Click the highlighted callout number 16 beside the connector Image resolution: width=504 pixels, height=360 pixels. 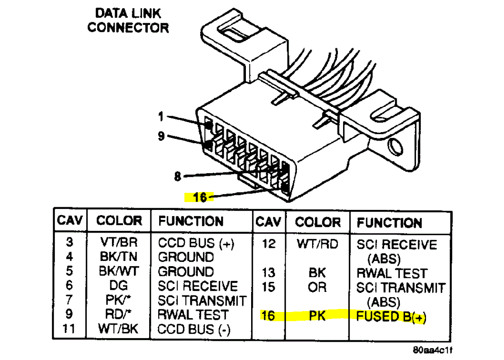(199, 197)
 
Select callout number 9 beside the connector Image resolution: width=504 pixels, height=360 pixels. (161, 137)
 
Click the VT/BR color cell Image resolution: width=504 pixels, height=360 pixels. (119, 243)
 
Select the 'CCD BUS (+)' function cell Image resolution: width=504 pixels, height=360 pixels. (196, 243)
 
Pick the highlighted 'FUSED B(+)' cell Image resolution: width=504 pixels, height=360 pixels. (391, 316)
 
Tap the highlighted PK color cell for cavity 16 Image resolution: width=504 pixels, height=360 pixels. (317, 315)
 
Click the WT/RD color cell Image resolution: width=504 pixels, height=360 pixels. (317, 243)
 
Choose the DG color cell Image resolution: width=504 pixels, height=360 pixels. (119, 286)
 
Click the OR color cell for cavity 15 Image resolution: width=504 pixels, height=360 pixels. (317, 288)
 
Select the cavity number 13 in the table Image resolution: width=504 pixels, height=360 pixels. (269, 273)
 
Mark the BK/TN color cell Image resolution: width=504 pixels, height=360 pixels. (119, 257)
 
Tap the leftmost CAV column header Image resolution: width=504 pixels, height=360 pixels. (70, 220)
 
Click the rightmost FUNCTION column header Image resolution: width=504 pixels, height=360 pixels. (389, 223)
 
